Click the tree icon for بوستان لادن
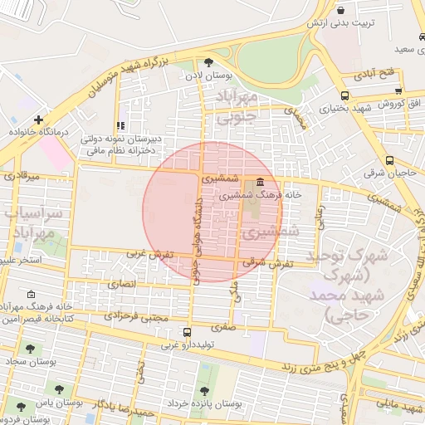[208, 62]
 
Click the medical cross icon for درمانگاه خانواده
[38, 120]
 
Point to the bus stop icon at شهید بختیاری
[344, 95]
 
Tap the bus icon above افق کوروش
[398, 91]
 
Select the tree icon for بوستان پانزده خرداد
[204, 391]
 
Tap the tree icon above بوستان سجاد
[31, 349]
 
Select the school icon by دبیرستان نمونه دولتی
[123, 125]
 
